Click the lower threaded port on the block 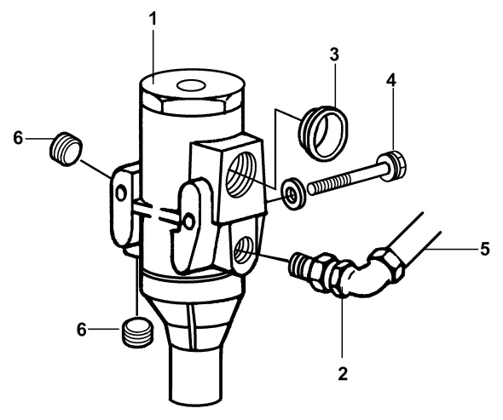coord(245,251)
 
